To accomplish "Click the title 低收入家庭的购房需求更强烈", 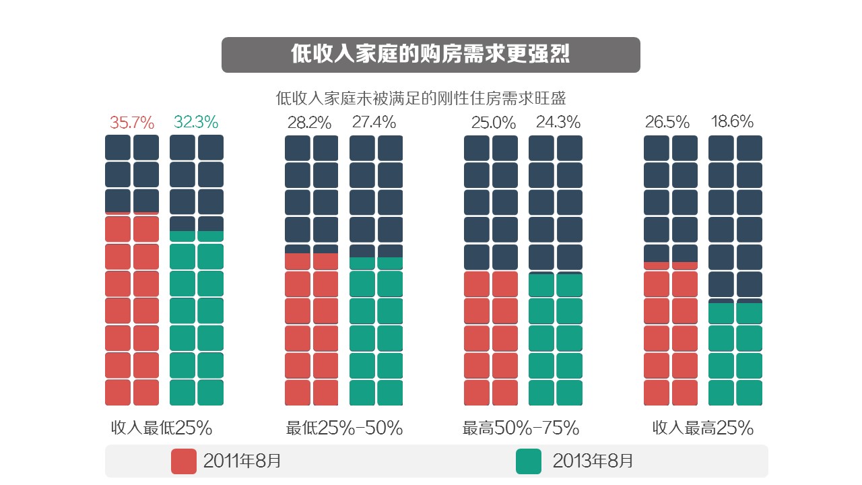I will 430,55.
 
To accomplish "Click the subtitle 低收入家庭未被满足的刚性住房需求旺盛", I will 421,98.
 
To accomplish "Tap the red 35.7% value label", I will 132,123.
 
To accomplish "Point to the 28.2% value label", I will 309,123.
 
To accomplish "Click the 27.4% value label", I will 374,123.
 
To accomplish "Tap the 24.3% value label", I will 558,123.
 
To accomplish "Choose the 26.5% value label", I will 667,123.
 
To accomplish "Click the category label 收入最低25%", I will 162,428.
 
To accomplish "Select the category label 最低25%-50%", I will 344,428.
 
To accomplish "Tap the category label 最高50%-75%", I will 521,428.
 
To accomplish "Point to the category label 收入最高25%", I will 702,428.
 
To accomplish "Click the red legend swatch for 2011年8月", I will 184,461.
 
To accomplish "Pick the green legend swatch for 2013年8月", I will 528,461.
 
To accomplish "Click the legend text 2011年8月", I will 242,461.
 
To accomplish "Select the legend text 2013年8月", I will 593,461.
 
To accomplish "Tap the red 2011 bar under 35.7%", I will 132,310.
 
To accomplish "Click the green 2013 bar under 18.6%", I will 735,354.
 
